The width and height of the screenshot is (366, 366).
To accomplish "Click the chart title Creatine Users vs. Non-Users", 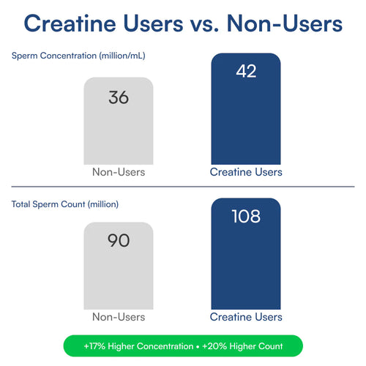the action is (183, 23).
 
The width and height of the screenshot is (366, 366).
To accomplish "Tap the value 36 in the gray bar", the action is (119, 97).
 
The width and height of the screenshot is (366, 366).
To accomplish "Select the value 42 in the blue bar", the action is (246, 71).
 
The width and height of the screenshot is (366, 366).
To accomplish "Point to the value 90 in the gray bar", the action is (119, 240).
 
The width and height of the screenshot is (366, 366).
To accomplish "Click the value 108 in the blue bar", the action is (246, 216).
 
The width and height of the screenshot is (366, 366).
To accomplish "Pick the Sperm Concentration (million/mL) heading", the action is (78, 56).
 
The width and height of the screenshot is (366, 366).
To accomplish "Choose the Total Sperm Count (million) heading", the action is (65, 204).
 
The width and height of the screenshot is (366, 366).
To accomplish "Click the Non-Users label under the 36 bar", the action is (119, 172).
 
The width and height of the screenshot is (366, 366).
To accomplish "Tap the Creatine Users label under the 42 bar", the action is (246, 172).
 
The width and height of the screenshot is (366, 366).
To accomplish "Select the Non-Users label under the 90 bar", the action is (119, 317).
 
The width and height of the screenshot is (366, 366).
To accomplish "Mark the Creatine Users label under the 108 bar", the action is (246, 317).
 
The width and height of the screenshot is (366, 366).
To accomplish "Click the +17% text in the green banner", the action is (94, 346).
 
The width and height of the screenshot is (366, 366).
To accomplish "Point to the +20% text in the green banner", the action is (214, 346).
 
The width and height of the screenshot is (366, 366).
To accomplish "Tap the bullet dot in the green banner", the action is (198, 346).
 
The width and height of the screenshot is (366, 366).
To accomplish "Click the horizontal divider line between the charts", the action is (183, 187).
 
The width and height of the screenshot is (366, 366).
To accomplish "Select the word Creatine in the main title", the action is (70, 23).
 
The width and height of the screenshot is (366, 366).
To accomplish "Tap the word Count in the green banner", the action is (270, 346).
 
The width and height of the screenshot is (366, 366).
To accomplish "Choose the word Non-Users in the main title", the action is (285, 23).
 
